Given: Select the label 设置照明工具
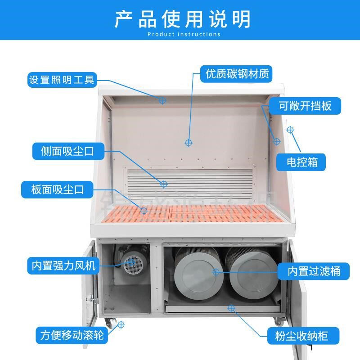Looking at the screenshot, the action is pos(62,80).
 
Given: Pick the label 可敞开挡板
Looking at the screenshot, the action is pos(305,106).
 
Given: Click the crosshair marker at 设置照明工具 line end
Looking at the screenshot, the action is pos(163,100).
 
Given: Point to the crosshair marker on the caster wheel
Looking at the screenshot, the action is pos(120,324).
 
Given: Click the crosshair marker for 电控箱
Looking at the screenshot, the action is pos(291,130).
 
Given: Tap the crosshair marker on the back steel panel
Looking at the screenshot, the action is pos(189,143).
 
